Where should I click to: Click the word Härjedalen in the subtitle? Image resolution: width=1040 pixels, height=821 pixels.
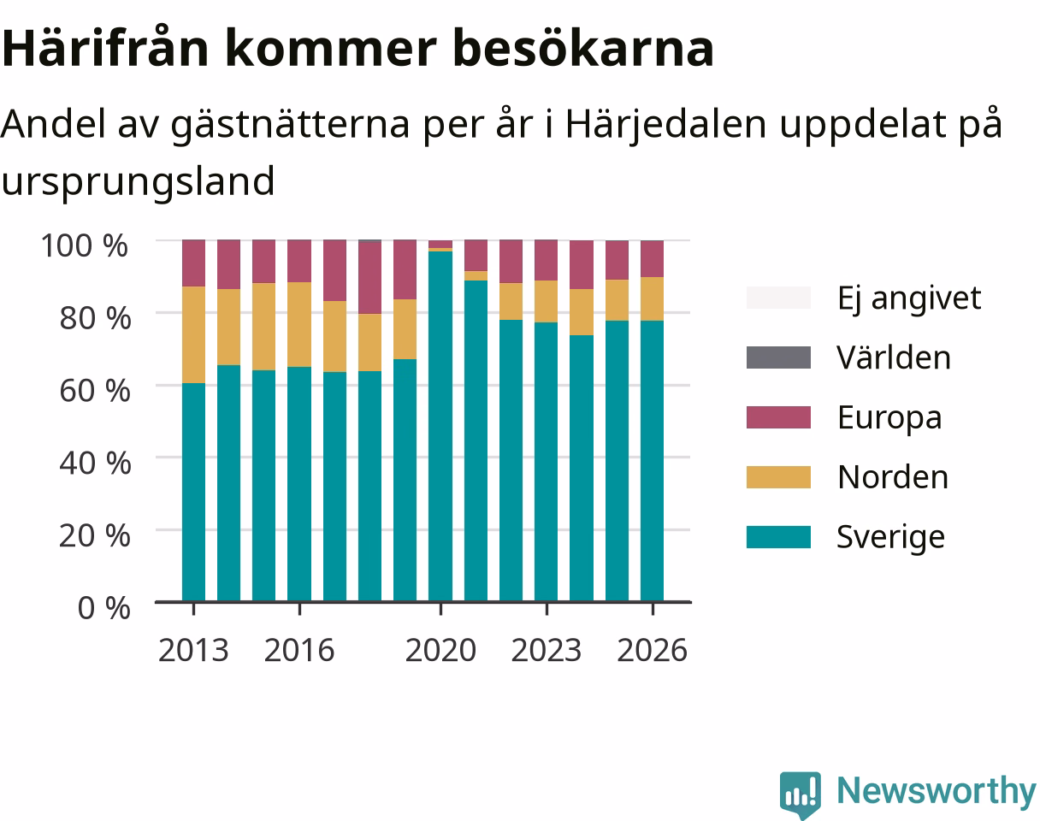pos(666,125)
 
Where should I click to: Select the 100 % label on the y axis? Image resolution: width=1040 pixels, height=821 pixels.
pos(85,245)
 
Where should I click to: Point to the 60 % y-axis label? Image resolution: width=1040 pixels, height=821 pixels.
pos(95,391)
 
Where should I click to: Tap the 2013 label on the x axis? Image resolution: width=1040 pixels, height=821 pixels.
pos(193,650)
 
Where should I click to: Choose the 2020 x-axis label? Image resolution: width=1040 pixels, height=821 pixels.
pos(440,650)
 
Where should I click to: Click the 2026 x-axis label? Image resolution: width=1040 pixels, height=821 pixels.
pos(653,650)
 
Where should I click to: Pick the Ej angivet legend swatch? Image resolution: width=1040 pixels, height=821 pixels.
pos(778,298)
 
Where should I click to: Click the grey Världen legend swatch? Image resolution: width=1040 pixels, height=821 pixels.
pos(778,357)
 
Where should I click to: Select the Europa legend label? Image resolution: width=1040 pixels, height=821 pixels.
pos(889,418)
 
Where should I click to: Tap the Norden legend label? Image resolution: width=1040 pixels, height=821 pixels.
pos(893,477)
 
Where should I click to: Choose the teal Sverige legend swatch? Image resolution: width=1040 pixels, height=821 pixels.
pos(778,537)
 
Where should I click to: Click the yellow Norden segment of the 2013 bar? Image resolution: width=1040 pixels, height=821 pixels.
pos(194,335)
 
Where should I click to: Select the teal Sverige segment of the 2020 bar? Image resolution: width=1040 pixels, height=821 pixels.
pos(440,426)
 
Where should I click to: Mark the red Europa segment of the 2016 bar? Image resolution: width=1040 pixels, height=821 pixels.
pos(299,261)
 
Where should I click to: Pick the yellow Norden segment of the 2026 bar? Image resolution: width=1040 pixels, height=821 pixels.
pos(653,298)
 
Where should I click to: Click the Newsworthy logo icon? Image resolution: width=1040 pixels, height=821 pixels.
pos(801,794)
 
